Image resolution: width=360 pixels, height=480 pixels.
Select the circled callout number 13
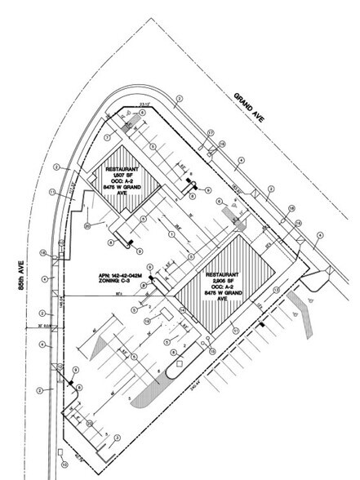(x=277, y=291)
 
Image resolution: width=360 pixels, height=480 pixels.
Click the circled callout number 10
(x=64, y=465)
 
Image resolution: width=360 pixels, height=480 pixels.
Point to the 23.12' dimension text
(x=145, y=104)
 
